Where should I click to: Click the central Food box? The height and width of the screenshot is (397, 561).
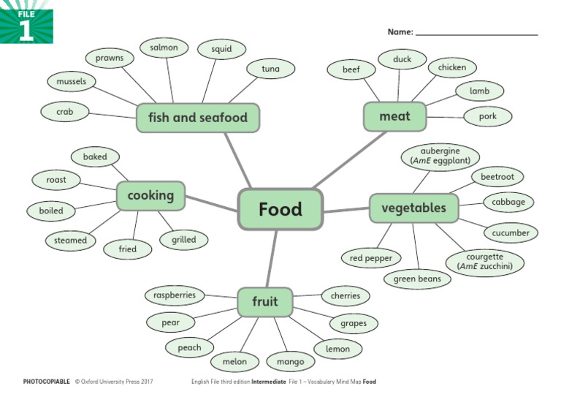pos(280,210)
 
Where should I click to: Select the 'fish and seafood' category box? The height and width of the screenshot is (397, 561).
pos(198,118)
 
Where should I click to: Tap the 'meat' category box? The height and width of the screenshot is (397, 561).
pos(395,116)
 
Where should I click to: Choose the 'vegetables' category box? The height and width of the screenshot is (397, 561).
pos(413,208)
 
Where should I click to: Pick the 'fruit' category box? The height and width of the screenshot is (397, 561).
pos(265,302)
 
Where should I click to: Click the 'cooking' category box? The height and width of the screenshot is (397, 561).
pos(150,195)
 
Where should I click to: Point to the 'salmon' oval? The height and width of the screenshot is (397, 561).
pos(164,48)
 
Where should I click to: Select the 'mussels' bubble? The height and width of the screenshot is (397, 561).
pos(72,81)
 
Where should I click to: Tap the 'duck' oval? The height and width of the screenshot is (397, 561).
pos(402,59)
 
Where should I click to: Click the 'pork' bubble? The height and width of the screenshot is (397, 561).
pos(488,116)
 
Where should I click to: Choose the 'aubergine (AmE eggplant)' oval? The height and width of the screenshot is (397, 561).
pos(440,156)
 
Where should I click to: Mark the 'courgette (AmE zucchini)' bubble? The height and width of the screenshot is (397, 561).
pos(485,262)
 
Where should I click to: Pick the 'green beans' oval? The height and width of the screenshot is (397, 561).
pos(418,279)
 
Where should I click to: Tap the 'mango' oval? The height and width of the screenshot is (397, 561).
pos(291,361)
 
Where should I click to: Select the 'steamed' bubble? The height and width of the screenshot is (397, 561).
pos(70,240)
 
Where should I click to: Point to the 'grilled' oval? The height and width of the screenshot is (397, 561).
pos(184,239)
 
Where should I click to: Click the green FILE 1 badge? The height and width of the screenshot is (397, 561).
pos(26,22)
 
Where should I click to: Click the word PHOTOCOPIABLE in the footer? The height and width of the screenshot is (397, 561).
pos(47,382)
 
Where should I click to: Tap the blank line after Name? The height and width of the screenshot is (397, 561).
pos(476,32)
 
